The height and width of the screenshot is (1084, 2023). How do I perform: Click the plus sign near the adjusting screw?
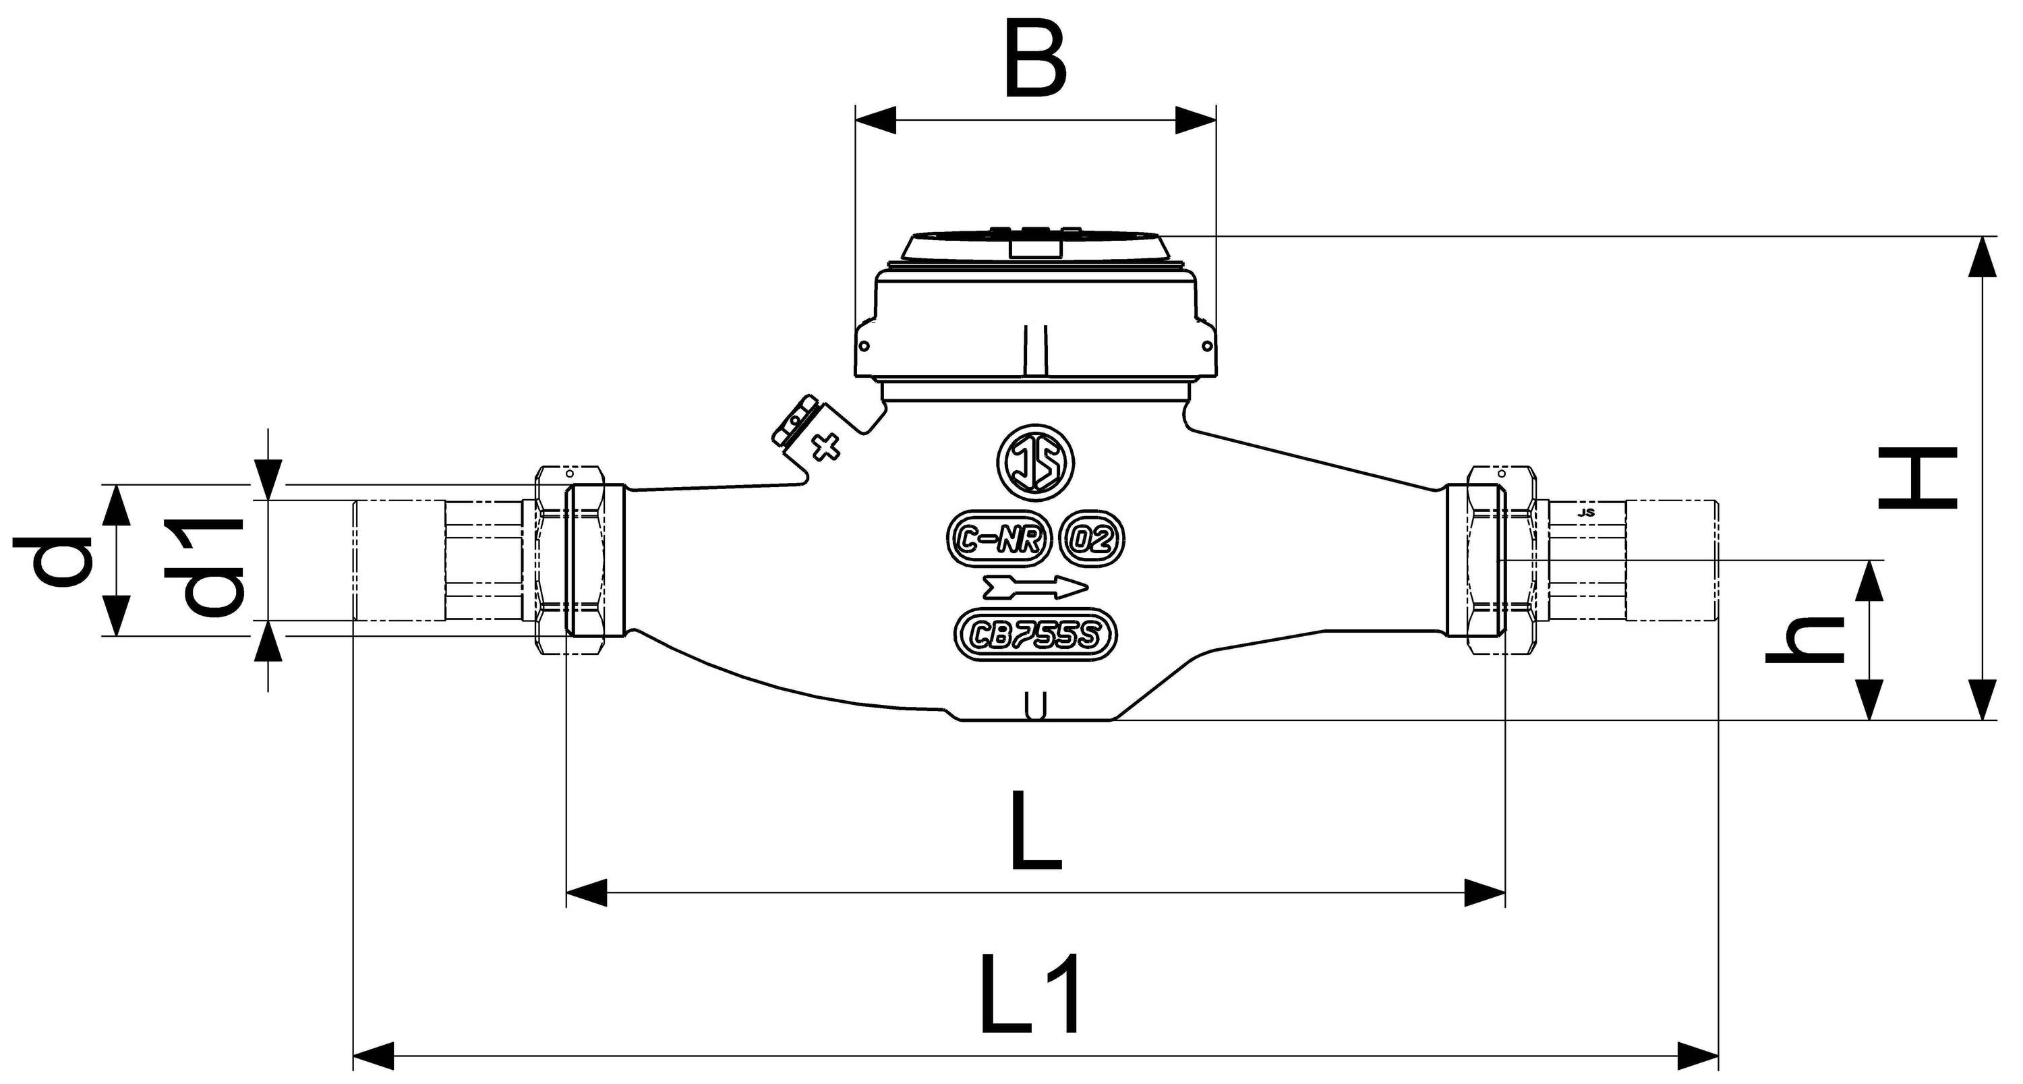pos(825,449)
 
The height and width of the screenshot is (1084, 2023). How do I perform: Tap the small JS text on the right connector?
pos(1585,512)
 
